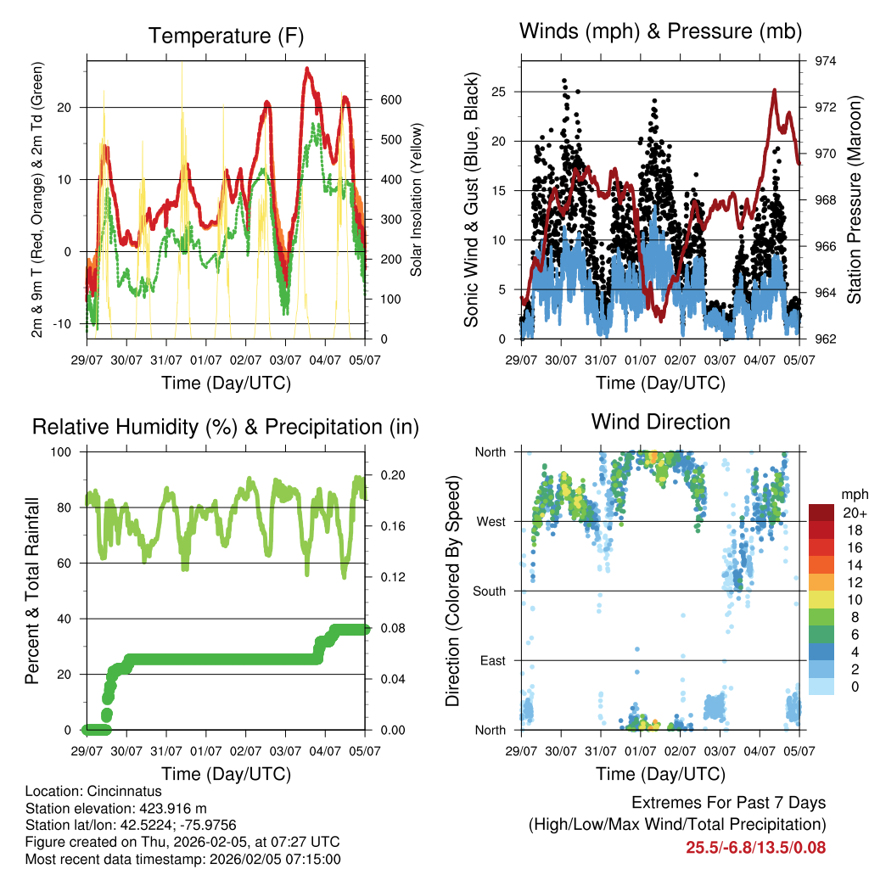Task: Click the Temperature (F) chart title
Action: (226, 36)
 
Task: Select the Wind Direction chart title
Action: (660, 421)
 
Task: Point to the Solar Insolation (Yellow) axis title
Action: (417, 200)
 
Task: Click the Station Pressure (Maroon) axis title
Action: (855, 200)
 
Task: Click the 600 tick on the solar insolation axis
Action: (390, 99)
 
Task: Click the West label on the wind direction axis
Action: (491, 521)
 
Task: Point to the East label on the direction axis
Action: (493, 660)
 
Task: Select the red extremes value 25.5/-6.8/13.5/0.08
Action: (755, 847)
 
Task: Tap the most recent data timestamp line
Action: (182, 859)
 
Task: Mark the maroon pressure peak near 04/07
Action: (774, 89)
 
